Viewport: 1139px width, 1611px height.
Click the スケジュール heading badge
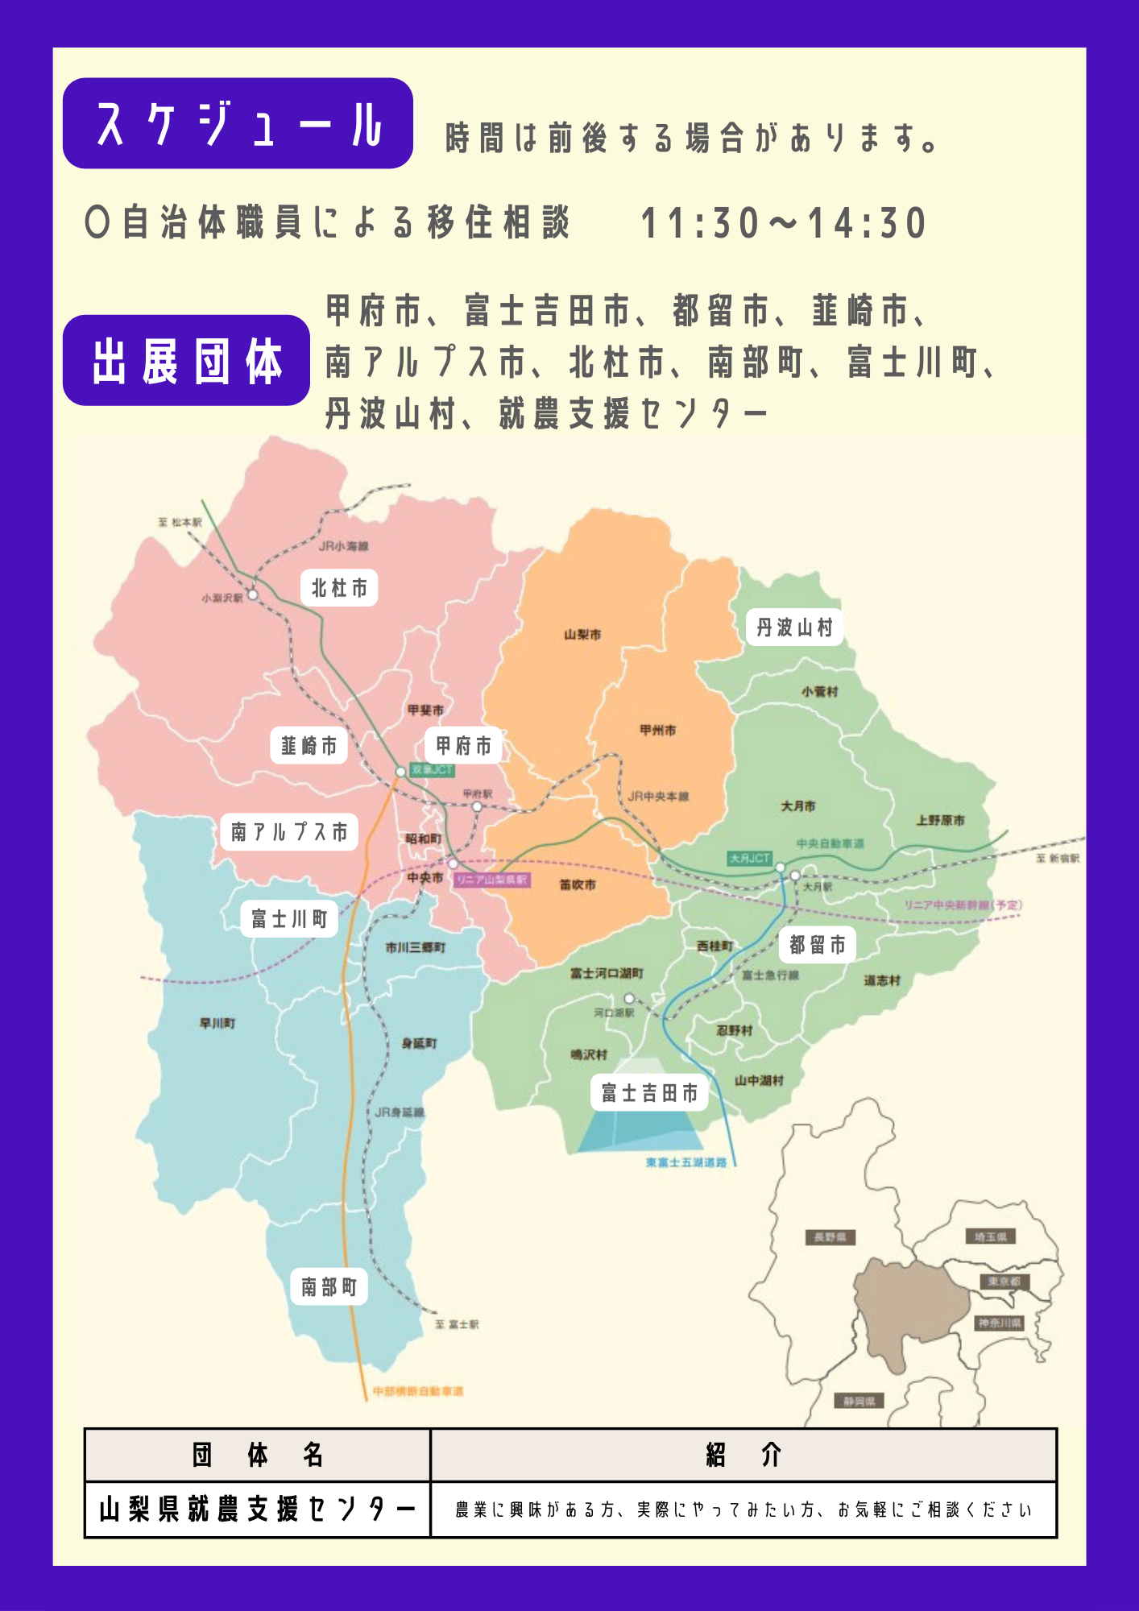(238, 123)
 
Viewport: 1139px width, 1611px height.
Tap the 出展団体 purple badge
(186, 360)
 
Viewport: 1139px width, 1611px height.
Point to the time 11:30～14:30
(783, 223)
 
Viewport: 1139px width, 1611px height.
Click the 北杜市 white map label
(339, 588)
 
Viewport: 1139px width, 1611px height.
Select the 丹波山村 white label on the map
(794, 627)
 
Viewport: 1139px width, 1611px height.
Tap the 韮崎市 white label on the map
(309, 747)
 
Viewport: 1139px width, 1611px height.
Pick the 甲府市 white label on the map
(463, 746)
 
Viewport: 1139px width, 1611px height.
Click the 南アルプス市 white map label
(289, 831)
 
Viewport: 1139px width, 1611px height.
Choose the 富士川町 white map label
(289, 918)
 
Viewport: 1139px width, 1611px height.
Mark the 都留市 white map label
(817, 945)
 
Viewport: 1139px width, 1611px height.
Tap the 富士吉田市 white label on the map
(649, 1093)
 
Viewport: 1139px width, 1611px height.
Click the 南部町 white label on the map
(329, 1286)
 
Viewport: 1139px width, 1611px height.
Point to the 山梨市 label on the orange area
(582, 635)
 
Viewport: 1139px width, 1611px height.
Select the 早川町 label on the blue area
(217, 1023)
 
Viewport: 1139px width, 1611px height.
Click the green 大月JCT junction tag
(750, 858)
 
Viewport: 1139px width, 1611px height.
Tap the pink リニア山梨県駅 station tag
(491, 880)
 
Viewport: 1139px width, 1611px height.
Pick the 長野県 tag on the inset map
(830, 1237)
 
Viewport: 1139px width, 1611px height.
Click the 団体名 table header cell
(258, 1456)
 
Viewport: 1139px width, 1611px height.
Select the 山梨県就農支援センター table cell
(258, 1510)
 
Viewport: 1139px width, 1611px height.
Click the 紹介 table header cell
(743, 1456)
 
